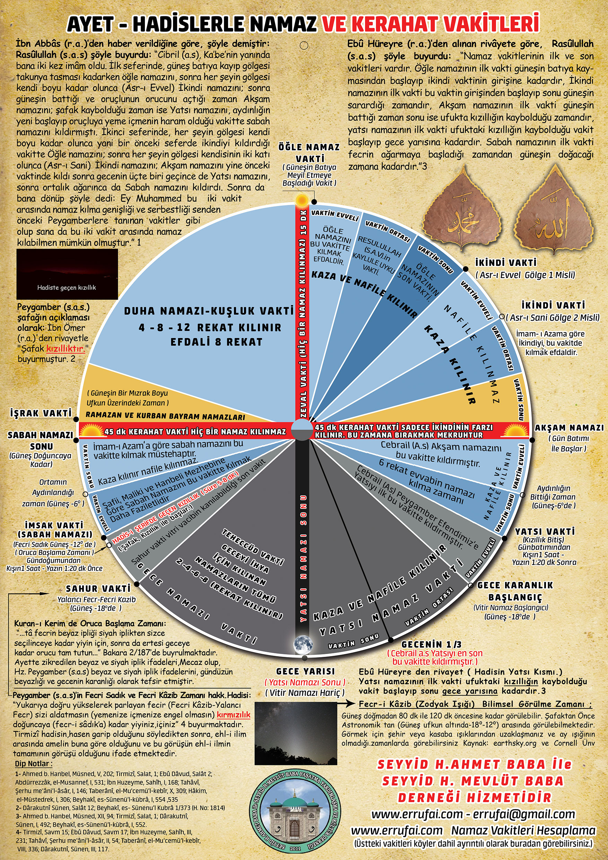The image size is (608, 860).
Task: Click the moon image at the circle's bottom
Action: pyautogui.click(x=303, y=644)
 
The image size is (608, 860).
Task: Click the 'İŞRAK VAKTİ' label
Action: pyautogui.click(x=41, y=413)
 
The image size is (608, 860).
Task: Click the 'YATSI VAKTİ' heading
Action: pyautogui.click(x=545, y=532)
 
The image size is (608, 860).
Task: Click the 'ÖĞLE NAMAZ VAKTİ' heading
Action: pyautogui.click(x=309, y=153)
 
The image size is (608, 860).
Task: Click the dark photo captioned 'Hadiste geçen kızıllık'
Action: pyautogui.click(x=67, y=274)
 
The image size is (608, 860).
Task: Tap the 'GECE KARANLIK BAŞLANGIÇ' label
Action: pyautogui.click(x=515, y=591)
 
